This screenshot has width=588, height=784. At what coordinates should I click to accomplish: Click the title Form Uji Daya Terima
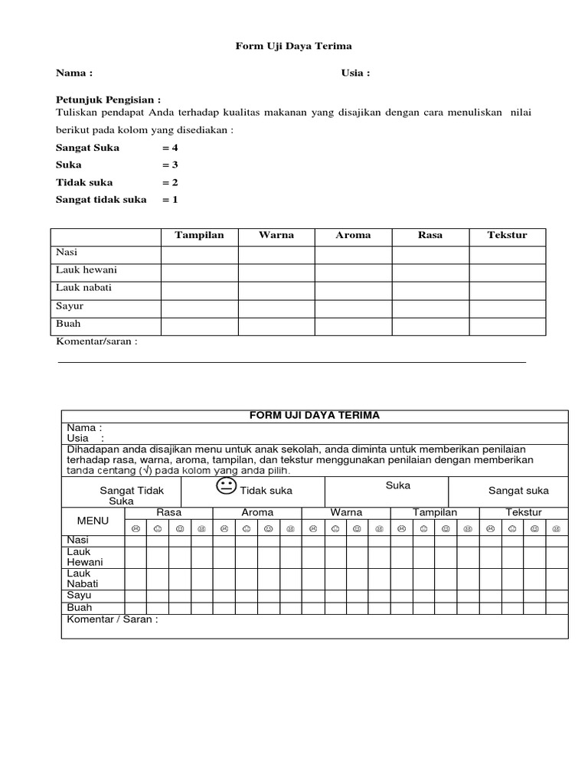click(x=293, y=47)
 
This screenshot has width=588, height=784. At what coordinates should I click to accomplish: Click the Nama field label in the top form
click(x=74, y=73)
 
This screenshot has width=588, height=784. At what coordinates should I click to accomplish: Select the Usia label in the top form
click(x=355, y=73)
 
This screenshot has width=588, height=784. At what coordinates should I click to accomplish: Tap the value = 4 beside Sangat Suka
click(x=169, y=147)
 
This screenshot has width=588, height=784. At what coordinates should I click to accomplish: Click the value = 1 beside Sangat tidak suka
click(x=169, y=200)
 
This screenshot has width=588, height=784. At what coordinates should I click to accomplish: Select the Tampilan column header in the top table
click(x=199, y=236)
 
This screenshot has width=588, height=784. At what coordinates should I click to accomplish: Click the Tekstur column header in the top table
click(x=507, y=236)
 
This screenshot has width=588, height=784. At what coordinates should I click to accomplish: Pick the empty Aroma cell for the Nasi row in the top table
click(x=353, y=254)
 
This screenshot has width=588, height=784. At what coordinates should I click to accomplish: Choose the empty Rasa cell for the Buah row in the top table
click(x=430, y=326)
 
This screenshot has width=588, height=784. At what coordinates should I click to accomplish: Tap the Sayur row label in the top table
click(x=70, y=306)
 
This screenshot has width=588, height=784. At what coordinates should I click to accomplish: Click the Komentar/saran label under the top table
click(x=96, y=341)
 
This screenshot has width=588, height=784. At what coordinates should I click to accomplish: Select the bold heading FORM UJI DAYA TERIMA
click(x=315, y=416)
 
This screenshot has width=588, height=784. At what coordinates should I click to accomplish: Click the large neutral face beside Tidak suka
click(x=227, y=487)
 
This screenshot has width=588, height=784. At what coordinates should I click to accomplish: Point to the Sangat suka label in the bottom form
click(x=518, y=491)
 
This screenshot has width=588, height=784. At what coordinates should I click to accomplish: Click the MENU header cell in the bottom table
click(x=93, y=521)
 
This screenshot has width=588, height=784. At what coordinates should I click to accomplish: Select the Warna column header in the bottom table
click(x=346, y=512)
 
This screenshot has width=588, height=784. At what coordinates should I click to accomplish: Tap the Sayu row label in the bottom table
click(x=80, y=595)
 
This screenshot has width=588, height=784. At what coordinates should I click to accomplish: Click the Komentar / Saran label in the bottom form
click(x=113, y=619)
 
